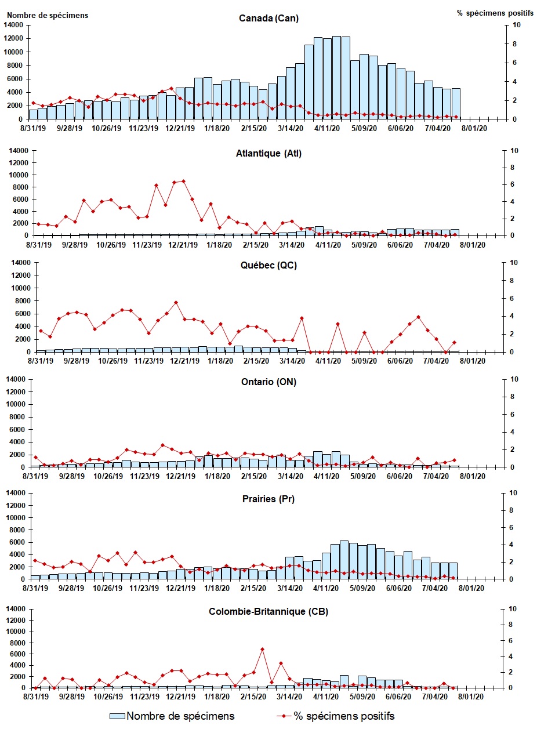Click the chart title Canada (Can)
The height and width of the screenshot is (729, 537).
(268, 18)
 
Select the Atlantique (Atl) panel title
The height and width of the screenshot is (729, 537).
(268, 154)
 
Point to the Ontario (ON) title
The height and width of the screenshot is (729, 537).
(268, 382)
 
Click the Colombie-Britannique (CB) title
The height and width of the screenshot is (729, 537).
(268, 612)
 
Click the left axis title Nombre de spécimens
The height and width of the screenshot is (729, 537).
(48, 15)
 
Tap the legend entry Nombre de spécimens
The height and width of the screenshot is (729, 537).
(180, 716)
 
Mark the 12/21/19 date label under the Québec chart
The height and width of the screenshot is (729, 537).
(182, 361)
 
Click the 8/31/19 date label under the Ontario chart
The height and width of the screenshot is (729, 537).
(37, 476)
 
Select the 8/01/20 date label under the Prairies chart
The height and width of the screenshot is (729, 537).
(473, 588)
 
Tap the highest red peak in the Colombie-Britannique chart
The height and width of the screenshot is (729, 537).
(262, 649)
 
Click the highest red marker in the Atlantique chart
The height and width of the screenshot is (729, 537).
(183, 181)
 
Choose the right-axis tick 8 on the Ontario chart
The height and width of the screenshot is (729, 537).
(513, 397)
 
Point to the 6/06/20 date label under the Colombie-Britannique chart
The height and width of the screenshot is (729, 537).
(399, 697)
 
